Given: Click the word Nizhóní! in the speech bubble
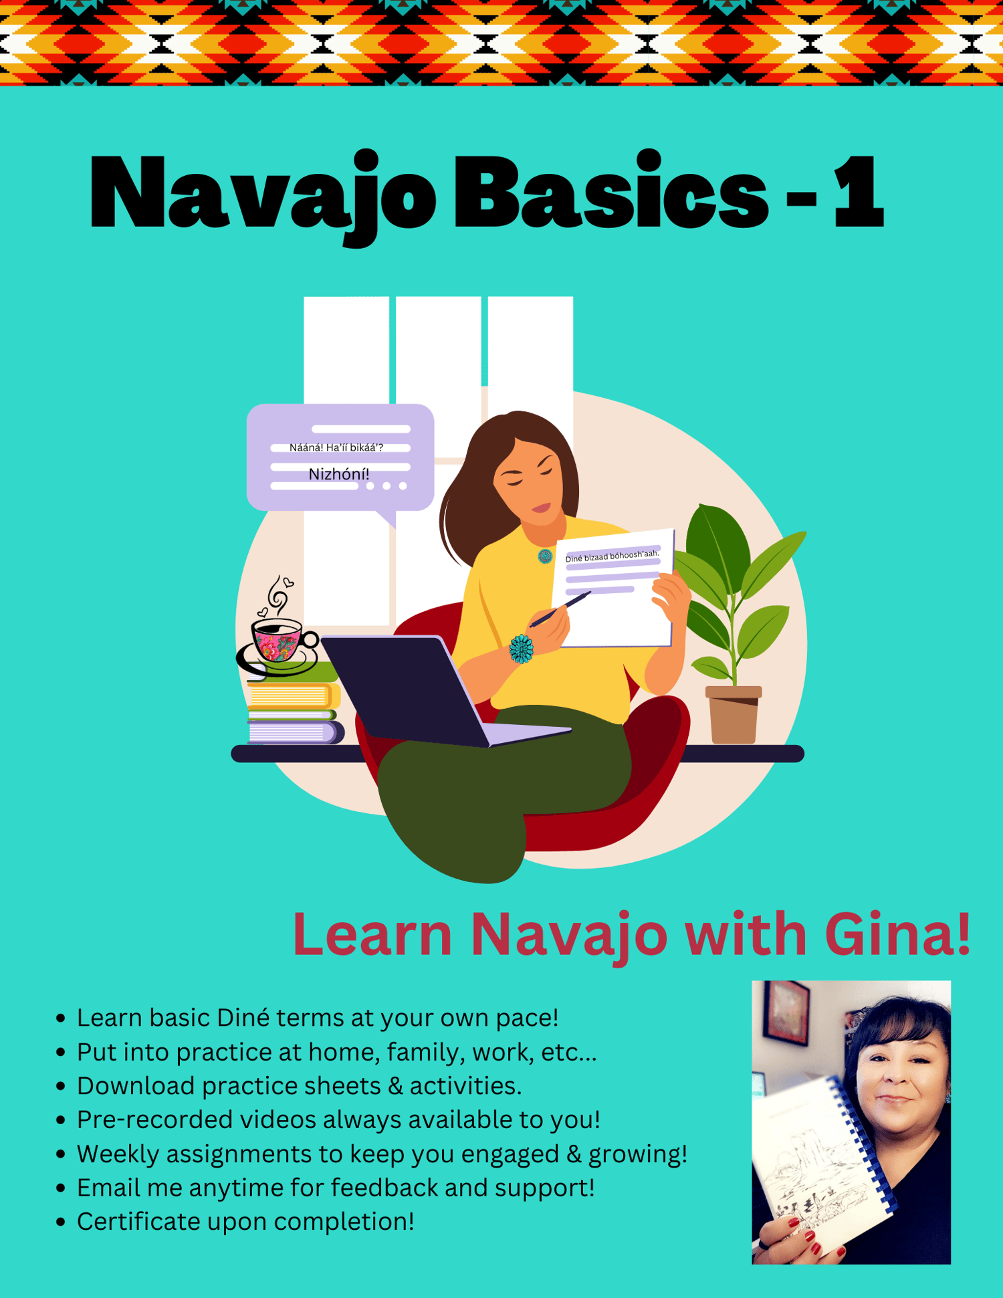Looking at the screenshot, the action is (339, 474).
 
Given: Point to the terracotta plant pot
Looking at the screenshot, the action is (734, 715).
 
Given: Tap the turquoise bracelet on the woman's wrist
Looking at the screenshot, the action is (521, 649).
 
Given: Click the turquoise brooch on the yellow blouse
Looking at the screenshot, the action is (545, 556).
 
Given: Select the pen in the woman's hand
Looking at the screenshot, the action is (560, 609).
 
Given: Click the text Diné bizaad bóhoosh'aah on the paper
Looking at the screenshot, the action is (612, 556).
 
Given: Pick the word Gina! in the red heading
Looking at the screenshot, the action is (897, 934).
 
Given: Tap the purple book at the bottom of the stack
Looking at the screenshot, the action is (295, 733).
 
